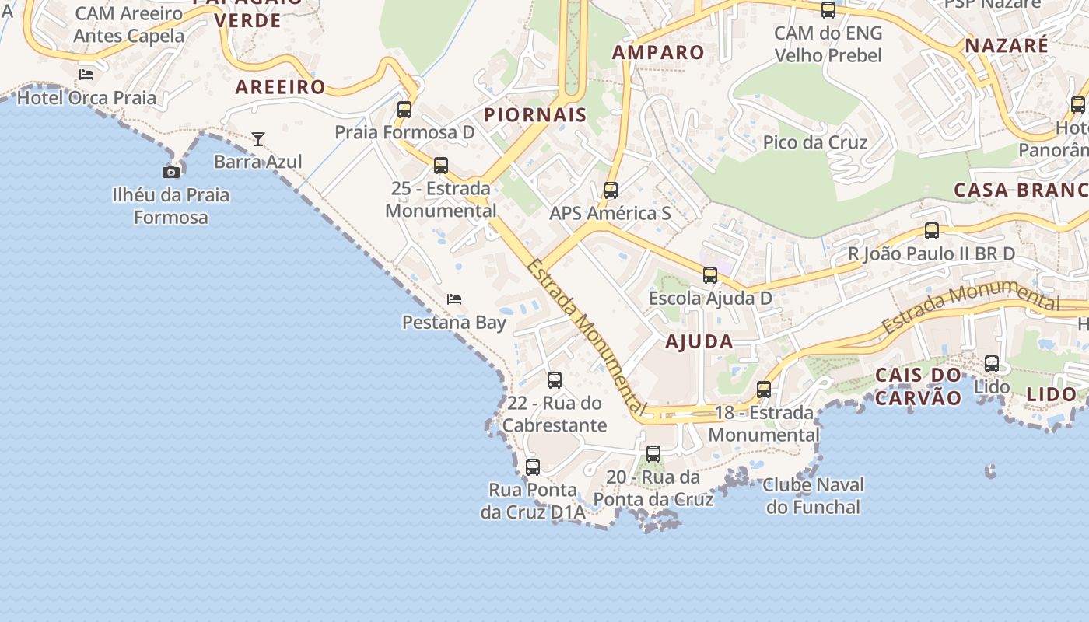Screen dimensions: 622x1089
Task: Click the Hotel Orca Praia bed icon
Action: click(x=86, y=75)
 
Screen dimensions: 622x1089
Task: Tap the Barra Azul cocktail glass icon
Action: click(x=258, y=139)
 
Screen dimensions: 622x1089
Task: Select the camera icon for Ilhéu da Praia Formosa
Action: click(x=171, y=172)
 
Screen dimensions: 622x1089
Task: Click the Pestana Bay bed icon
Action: click(x=454, y=299)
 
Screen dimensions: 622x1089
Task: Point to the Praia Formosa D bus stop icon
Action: click(x=404, y=110)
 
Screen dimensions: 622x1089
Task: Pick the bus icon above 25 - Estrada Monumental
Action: click(x=441, y=166)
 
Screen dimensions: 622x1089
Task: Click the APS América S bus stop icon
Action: click(x=611, y=190)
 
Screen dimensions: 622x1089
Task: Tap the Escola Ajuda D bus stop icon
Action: click(x=710, y=275)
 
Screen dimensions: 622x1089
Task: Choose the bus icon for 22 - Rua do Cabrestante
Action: click(x=555, y=380)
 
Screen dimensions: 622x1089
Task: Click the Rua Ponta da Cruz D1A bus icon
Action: click(x=533, y=467)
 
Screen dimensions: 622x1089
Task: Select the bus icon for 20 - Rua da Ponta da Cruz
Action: click(x=653, y=454)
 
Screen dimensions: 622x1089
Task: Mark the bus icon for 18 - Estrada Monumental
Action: click(x=764, y=390)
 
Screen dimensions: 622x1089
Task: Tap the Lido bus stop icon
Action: click(x=992, y=364)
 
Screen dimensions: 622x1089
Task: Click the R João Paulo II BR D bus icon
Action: click(x=932, y=231)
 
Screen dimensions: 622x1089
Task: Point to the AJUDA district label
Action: click(x=699, y=341)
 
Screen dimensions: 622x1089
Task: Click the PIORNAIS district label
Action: click(x=535, y=115)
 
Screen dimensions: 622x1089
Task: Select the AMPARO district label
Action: click(x=658, y=53)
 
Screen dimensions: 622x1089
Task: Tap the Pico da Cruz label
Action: click(x=815, y=142)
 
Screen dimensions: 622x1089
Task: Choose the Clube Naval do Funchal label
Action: click(x=813, y=496)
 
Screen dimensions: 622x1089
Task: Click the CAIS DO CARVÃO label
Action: click(x=919, y=386)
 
